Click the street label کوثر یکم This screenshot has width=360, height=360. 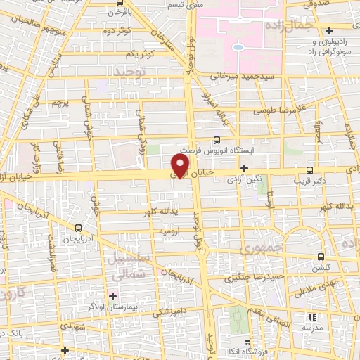tap(140, 54)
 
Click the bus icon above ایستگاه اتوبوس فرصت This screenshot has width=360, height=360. tap(217, 139)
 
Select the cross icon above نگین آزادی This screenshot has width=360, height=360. tap(244, 168)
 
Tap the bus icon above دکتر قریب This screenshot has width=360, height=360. tap(310, 169)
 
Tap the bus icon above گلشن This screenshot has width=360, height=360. tap(321, 257)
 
